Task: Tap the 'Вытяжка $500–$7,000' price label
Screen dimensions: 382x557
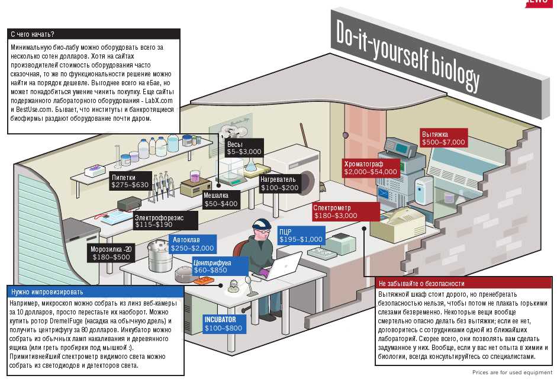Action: coord(443,138)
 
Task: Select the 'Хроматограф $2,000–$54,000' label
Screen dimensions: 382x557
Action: coord(371,168)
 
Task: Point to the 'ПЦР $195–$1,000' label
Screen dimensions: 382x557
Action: coord(301,235)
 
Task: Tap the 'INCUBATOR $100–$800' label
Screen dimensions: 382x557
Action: coord(223,323)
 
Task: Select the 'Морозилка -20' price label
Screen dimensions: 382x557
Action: coord(111,253)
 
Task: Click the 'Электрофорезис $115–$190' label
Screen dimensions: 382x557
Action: coord(158,221)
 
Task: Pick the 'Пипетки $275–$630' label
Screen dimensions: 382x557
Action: coord(130,181)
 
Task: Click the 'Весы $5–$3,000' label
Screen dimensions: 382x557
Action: coord(244,147)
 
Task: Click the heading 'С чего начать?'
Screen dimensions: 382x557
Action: coord(33,34)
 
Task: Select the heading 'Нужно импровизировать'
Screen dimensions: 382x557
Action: coord(47,291)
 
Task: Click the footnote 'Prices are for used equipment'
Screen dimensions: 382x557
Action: coord(512,373)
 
